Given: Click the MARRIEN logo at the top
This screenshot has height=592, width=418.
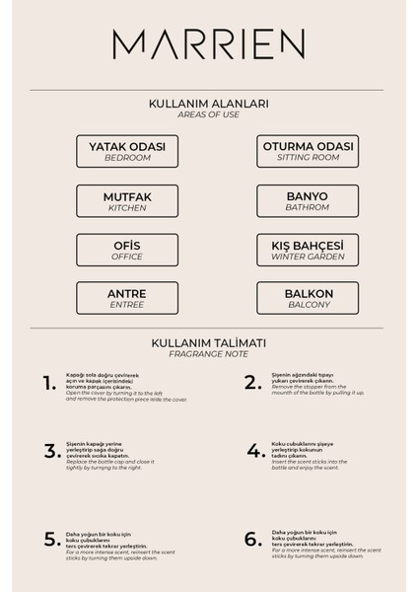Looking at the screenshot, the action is (x=208, y=43).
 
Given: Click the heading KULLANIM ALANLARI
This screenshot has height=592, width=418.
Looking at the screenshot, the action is (x=209, y=103).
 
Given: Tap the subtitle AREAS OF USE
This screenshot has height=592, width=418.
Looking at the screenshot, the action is (x=209, y=114).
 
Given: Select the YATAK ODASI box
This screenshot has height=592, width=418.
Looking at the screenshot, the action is (x=127, y=150).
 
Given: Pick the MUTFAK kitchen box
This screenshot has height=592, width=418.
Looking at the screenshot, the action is (x=127, y=200).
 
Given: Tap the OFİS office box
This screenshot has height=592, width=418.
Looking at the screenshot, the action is (x=127, y=250).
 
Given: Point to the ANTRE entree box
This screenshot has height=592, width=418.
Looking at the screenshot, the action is (x=127, y=298).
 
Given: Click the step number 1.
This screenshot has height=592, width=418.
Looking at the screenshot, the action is (x=50, y=384).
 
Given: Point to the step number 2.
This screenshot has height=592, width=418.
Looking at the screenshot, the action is (x=252, y=381).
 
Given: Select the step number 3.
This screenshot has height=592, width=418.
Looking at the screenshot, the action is (x=50, y=451).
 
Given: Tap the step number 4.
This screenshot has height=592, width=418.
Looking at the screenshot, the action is (x=252, y=451).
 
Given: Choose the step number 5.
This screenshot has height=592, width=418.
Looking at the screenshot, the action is (x=51, y=539).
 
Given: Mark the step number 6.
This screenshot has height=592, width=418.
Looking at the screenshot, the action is (x=252, y=539).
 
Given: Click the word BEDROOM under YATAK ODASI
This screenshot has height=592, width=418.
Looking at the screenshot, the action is (x=127, y=157).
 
